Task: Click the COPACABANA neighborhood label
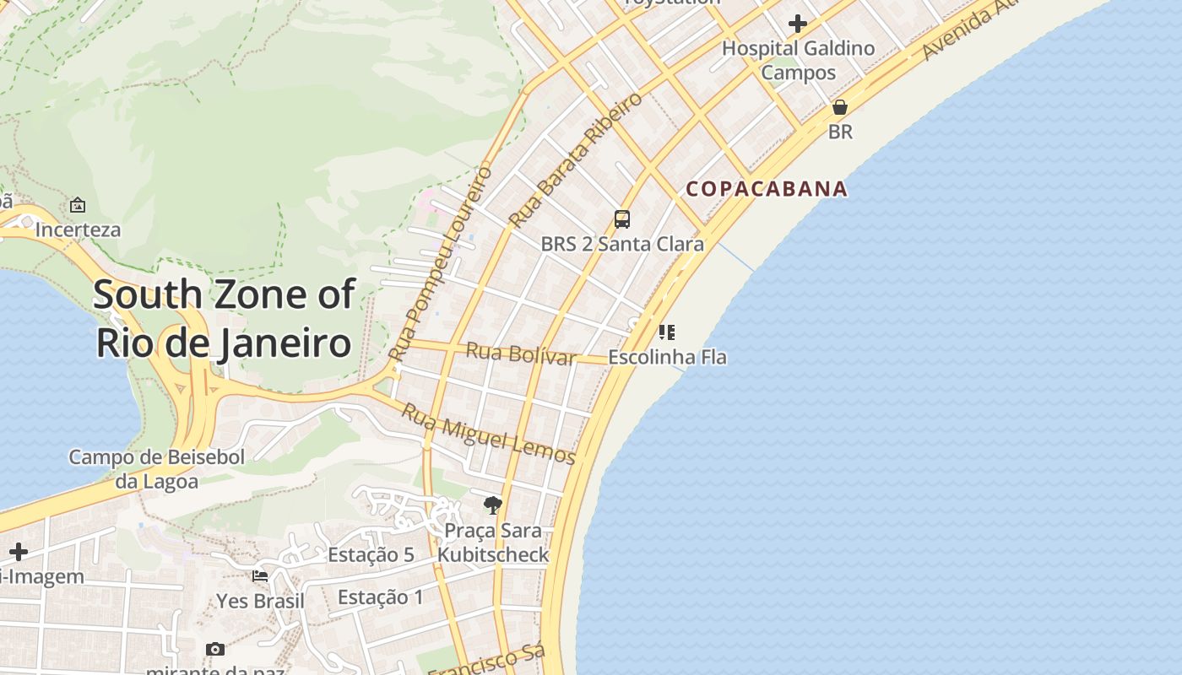(767, 188)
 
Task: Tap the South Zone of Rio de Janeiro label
(224, 319)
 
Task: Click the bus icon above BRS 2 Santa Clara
(622, 219)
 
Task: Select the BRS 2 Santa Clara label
(622, 244)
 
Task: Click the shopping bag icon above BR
(840, 107)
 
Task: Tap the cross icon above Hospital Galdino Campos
(798, 23)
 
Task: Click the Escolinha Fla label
(667, 357)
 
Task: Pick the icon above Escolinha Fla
(667, 332)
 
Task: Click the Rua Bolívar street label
(521, 354)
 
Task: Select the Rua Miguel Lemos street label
(488, 434)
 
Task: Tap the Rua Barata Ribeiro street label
(575, 160)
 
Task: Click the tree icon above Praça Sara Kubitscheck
(493, 505)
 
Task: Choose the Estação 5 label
(371, 554)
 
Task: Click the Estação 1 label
(381, 597)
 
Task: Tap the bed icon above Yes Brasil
(260, 576)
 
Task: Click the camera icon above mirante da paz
(215, 649)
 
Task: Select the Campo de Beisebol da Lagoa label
(157, 469)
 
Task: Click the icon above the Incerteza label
(78, 205)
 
